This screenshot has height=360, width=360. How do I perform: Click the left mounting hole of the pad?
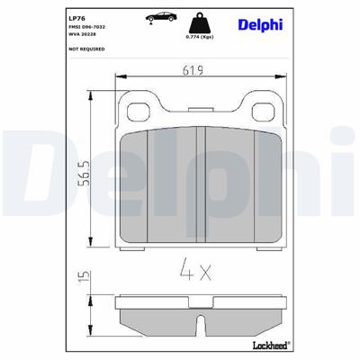(x=139, y=112)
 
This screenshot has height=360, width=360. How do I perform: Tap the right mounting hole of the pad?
(x=262, y=112)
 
